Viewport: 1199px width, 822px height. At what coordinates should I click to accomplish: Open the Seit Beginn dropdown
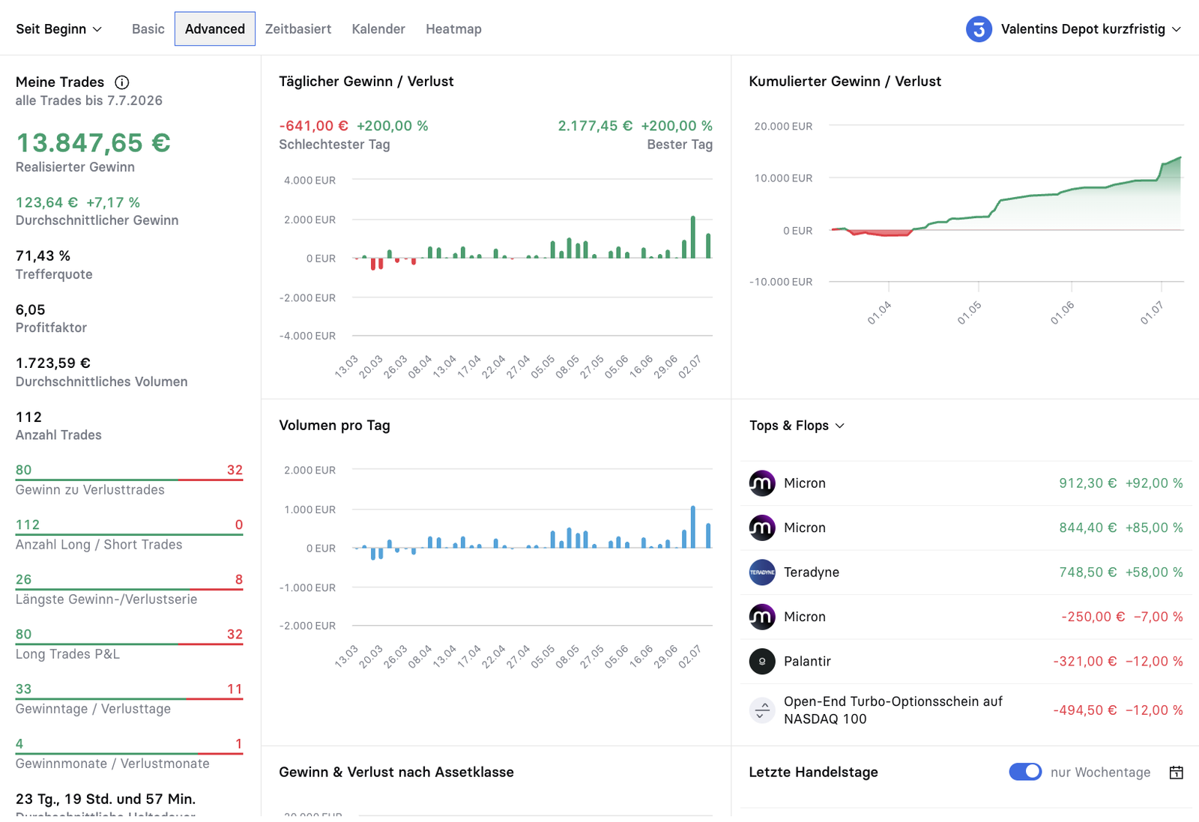(x=58, y=29)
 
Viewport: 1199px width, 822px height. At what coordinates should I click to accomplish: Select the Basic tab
(x=148, y=29)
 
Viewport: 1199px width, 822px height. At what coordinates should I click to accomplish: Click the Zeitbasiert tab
(x=298, y=29)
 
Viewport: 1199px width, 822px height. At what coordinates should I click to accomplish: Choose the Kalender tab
(x=378, y=29)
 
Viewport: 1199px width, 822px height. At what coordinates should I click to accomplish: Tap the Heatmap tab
(x=454, y=29)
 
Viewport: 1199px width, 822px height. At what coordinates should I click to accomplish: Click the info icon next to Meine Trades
(x=122, y=82)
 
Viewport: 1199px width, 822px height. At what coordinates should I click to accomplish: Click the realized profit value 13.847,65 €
(x=93, y=143)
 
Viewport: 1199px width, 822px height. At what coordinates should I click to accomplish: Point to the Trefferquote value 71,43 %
(x=43, y=256)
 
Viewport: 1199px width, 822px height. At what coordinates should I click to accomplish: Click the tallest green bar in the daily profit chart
(x=693, y=237)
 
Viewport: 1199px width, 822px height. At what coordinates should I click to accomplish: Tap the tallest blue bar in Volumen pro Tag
(x=693, y=527)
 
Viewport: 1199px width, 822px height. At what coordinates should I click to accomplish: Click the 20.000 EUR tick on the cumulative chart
(x=783, y=127)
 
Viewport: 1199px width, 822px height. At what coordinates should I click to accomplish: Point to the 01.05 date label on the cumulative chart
(x=970, y=312)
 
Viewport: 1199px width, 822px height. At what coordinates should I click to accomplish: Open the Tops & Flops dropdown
(x=797, y=426)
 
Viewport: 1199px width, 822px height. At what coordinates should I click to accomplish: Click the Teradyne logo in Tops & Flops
(x=762, y=572)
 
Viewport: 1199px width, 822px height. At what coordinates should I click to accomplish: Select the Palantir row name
(x=807, y=661)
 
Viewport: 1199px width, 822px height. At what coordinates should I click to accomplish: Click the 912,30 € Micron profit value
(x=1087, y=483)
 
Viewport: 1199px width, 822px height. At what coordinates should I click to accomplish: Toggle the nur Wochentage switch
(x=1025, y=772)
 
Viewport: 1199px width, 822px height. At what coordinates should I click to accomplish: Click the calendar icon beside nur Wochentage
(x=1176, y=773)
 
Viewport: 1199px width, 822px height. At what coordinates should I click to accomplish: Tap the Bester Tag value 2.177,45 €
(x=595, y=126)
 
